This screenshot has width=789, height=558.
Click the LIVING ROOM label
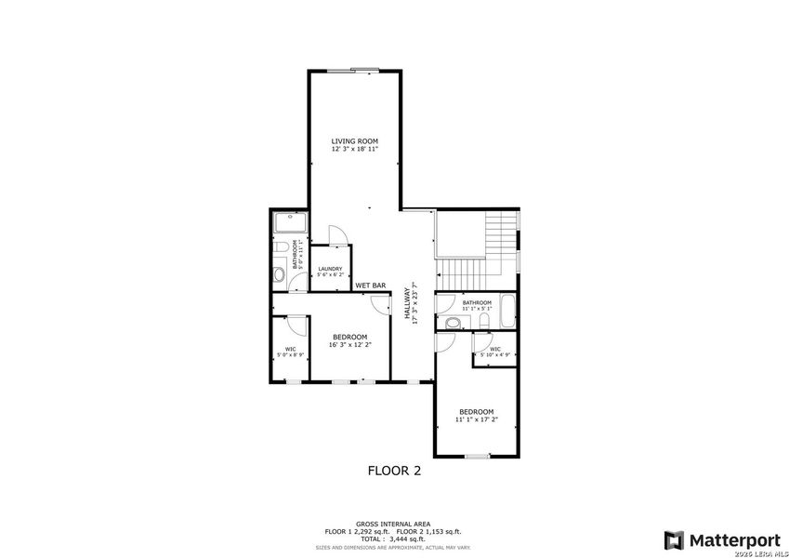[355, 140]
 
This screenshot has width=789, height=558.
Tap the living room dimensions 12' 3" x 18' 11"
[355, 148]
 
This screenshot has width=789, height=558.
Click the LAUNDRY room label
[330, 270]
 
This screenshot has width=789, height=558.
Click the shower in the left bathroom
[290, 223]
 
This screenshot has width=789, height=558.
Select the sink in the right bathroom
[452, 323]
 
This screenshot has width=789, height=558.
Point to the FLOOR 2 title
[394, 471]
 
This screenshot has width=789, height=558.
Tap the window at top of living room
[363, 68]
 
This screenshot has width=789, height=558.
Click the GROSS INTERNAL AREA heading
[392, 525]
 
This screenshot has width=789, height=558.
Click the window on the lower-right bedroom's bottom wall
[477, 456]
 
